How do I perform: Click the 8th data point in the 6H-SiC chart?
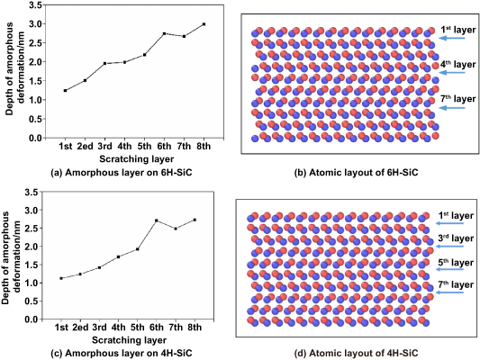(x=204, y=24)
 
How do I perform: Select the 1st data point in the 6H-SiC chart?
(x=65, y=91)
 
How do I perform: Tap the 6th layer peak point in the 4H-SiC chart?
(x=156, y=220)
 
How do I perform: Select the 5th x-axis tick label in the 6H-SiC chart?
(x=144, y=146)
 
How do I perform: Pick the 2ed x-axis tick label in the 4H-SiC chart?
(x=80, y=327)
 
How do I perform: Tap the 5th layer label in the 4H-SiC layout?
(x=455, y=263)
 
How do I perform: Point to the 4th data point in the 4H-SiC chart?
(x=118, y=257)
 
